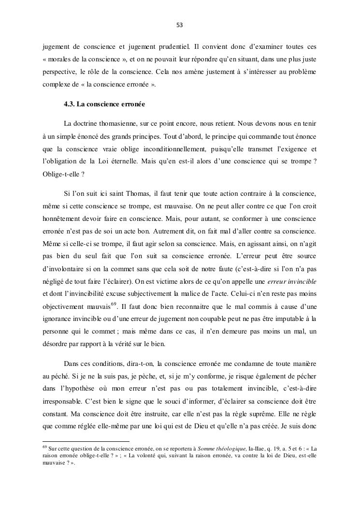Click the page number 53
coord(180,25)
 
